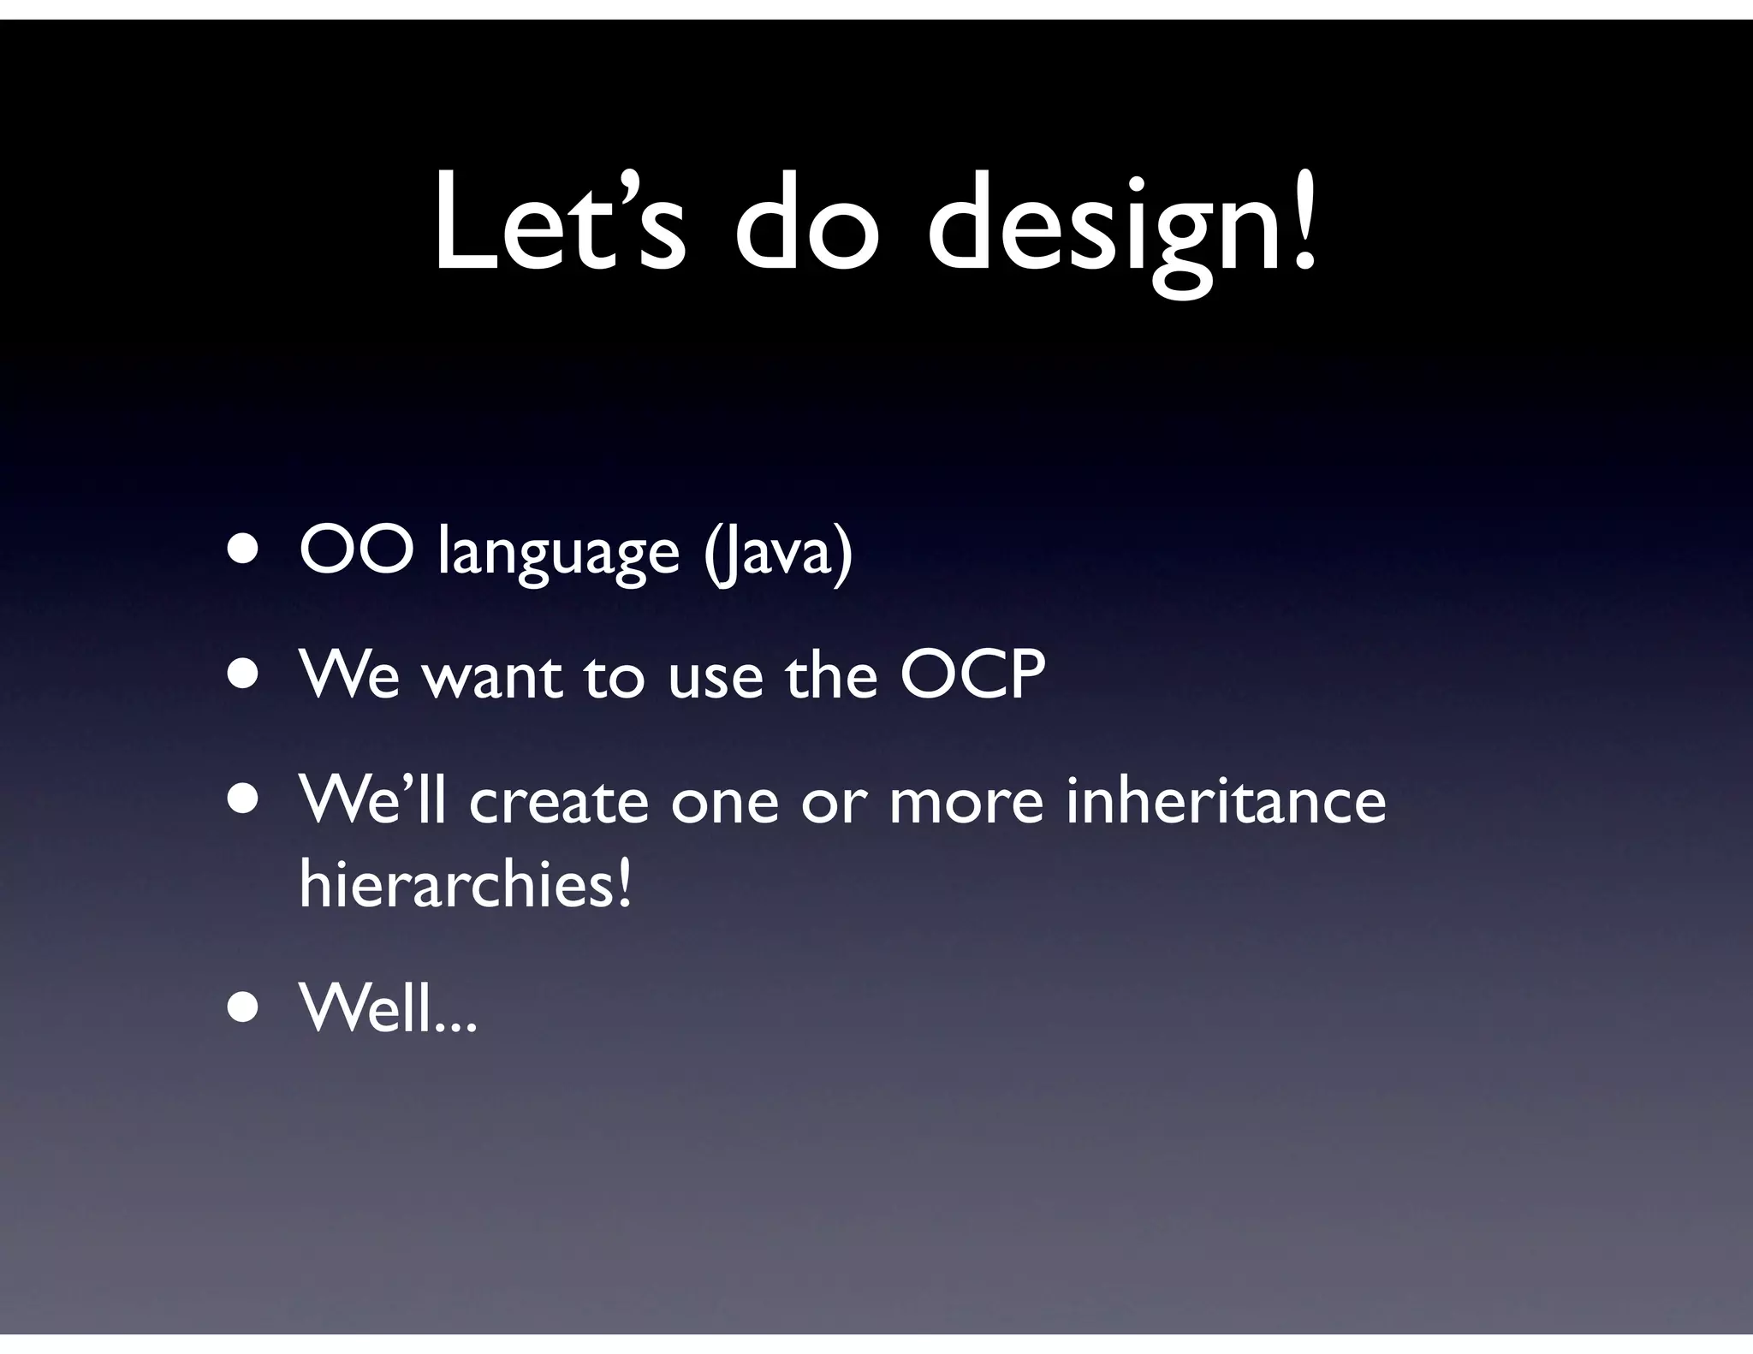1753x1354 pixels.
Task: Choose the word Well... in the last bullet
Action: [x=387, y=1009]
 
